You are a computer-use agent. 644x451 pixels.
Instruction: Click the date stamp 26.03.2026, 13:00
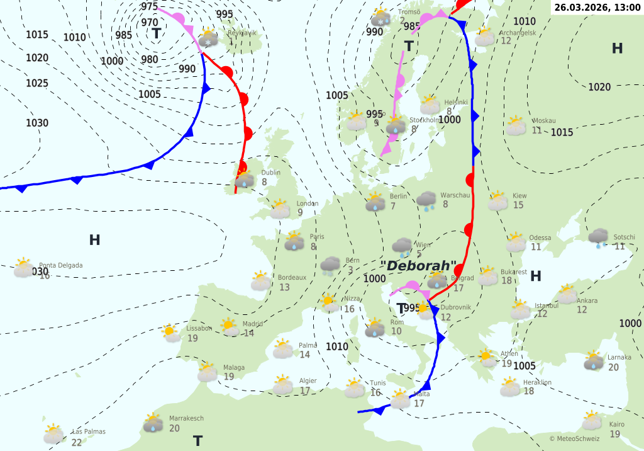(598, 7)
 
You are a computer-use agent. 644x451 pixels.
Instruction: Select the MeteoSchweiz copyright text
(574, 438)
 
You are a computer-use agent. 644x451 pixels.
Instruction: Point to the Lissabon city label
(199, 328)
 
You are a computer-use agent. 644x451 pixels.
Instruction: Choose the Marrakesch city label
(186, 418)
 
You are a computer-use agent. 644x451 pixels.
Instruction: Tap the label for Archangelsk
(518, 33)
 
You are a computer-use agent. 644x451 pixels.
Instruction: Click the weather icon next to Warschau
(427, 200)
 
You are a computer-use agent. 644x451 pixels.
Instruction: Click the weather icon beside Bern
(330, 266)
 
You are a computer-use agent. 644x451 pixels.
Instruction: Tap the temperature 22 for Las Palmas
(77, 442)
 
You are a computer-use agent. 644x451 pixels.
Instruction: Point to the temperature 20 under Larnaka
(613, 367)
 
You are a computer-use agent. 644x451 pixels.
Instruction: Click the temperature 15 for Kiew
(518, 205)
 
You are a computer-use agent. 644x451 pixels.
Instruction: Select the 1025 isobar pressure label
(37, 83)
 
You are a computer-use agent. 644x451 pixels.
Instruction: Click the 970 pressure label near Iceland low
(150, 23)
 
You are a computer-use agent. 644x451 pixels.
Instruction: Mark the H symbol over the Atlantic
(94, 240)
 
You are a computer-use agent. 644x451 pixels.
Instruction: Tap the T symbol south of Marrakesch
(197, 440)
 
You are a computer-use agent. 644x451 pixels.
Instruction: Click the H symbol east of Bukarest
(536, 276)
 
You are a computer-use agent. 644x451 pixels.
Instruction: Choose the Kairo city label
(616, 425)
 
